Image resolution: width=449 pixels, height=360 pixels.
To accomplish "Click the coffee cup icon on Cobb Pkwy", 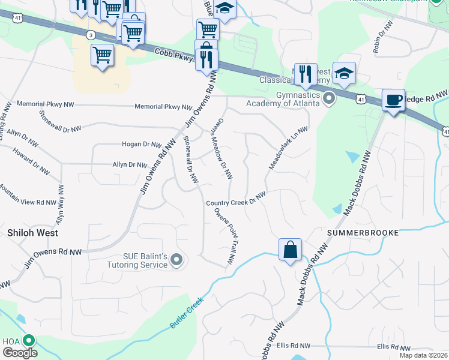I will [x=394, y=100].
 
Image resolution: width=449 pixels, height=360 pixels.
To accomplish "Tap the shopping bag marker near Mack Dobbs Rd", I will [x=290, y=249].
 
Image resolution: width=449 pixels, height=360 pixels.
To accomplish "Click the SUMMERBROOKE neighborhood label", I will [x=363, y=232].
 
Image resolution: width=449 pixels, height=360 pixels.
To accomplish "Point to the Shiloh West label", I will [x=32, y=232].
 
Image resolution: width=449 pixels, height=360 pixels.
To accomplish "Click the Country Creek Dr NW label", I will [x=236, y=199].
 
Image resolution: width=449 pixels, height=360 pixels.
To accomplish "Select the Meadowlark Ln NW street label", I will [x=288, y=148].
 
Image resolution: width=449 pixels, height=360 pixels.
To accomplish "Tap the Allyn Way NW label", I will [x=60, y=205].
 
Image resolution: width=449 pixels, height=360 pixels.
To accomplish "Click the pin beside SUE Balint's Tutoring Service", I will [x=176, y=259].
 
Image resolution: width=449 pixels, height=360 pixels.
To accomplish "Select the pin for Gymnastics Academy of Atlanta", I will [x=328, y=98].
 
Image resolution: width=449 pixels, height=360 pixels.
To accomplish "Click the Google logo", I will [x=19, y=353].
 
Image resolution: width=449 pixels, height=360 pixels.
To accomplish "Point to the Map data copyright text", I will [x=423, y=355].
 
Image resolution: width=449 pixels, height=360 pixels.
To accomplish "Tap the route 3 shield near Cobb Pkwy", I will [x=90, y=34].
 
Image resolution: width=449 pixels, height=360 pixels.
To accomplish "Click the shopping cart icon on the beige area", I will [x=102, y=55].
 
